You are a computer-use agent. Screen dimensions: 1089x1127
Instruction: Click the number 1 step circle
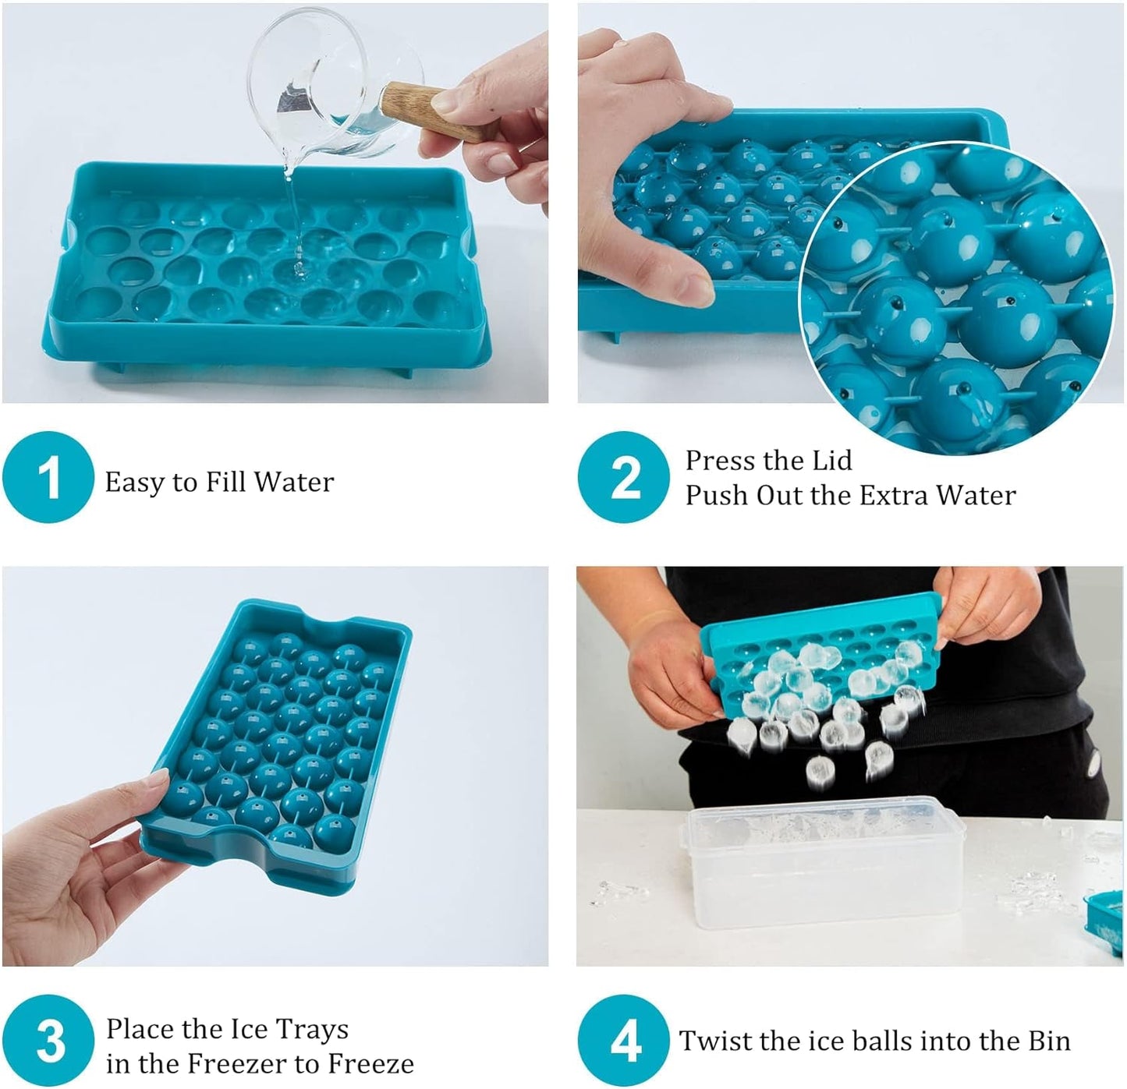click(x=48, y=477)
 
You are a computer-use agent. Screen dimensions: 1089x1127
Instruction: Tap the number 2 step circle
click(x=624, y=477)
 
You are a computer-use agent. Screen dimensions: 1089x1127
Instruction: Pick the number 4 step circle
click(x=624, y=1041)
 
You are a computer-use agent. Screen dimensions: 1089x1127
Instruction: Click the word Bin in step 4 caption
click(x=1048, y=1041)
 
